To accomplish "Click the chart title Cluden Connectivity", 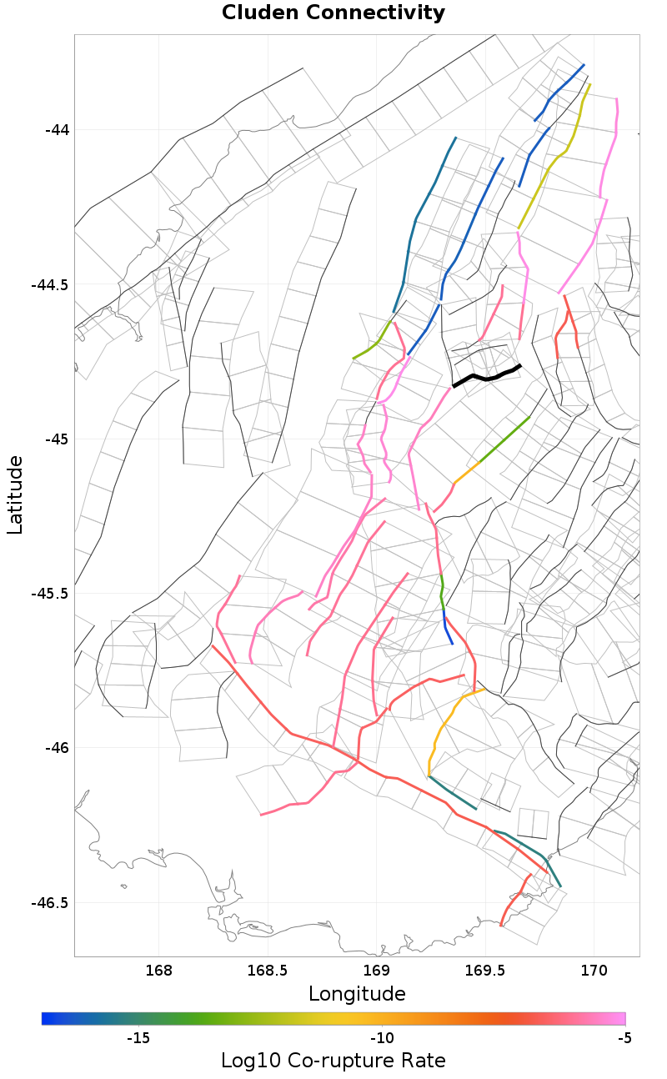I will coord(333,13).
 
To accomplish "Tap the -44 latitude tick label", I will coord(58,130).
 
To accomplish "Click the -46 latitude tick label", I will coord(58,748).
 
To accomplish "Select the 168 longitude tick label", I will coord(158,971).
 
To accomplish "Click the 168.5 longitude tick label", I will coord(268,971).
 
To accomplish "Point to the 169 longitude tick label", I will coord(377,971).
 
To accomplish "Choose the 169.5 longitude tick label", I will coord(485,971).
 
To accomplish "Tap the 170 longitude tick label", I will coord(594,971).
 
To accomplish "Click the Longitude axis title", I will coord(357,994).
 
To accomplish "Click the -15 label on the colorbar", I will coord(138,1038).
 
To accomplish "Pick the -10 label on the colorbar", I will coord(382,1038).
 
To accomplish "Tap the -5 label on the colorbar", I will coord(624,1038).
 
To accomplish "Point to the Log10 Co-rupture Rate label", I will coord(333,1061).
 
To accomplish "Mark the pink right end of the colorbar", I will coord(620,1018).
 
